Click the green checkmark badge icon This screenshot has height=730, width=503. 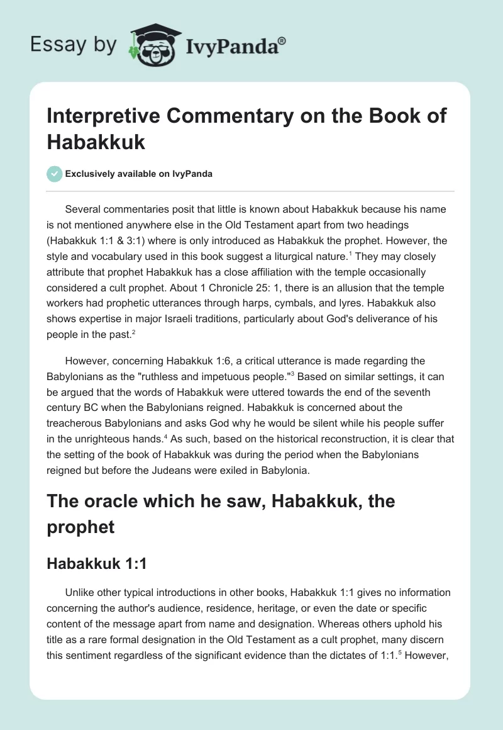(55, 174)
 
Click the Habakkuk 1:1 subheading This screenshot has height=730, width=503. (97, 564)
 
